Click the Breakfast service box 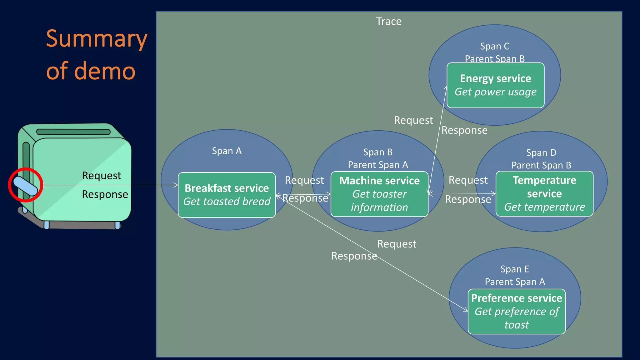point(227,195)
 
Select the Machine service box point(379,194)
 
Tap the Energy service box point(495,85)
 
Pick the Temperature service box point(544,193)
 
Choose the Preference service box point(516,311)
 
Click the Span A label point(227,151)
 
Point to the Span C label point(495,46)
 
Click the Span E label point(514,269)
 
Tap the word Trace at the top point(388,21)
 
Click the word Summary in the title point(96,39)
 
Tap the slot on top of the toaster point(73,132)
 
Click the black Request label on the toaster point(101,176)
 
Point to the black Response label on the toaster point(105,194)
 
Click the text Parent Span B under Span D point(541,165)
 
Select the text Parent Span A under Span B point(378,165)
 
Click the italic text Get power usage point(495,92)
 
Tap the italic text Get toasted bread point(227,202)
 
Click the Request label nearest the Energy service point(413,120)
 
